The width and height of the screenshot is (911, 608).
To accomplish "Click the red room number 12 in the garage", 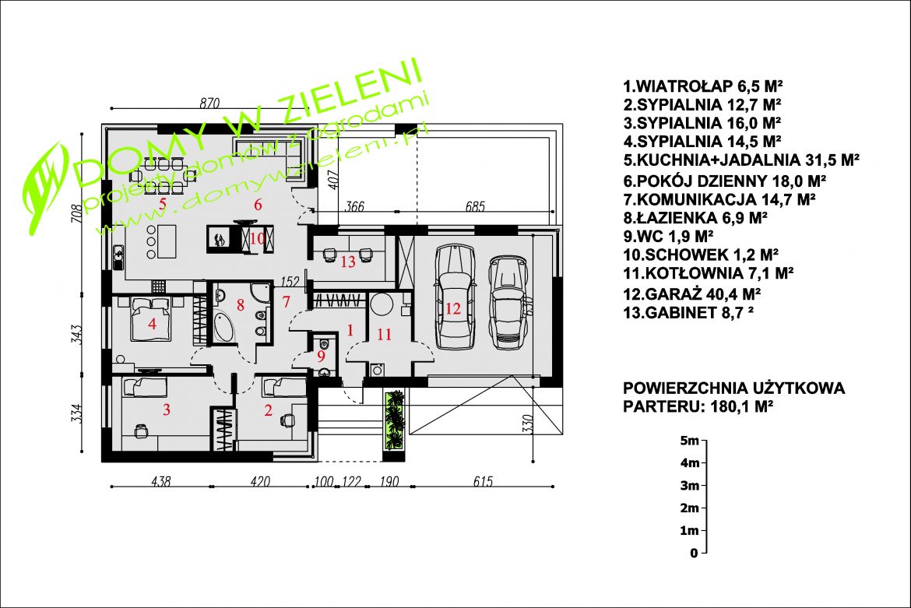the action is [452, 308].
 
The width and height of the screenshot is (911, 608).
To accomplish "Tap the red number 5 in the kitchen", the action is [163, 203].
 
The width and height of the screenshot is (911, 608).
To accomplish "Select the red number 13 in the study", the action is [348, 262].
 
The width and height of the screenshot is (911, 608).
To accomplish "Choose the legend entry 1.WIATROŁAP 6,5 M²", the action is [702, 86].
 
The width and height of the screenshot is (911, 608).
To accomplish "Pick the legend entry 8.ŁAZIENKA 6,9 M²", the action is [695, 218].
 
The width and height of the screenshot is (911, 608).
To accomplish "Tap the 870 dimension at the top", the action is [209, 103].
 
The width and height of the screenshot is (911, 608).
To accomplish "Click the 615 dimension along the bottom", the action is [483, 481].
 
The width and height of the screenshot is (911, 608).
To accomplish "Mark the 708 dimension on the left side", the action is [76, 215].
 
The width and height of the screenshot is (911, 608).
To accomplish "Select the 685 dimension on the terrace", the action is [475, 206].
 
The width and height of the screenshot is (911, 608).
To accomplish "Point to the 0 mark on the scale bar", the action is [694, 554].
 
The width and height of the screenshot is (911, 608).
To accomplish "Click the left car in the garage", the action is [455, 296].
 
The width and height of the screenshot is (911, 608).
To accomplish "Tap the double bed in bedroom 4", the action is [152, 319].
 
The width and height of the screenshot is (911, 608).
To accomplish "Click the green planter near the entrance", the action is [395, 420].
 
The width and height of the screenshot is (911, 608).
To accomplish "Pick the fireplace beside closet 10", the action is [219, 239].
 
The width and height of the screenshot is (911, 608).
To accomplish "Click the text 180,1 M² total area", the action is [741, 406].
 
